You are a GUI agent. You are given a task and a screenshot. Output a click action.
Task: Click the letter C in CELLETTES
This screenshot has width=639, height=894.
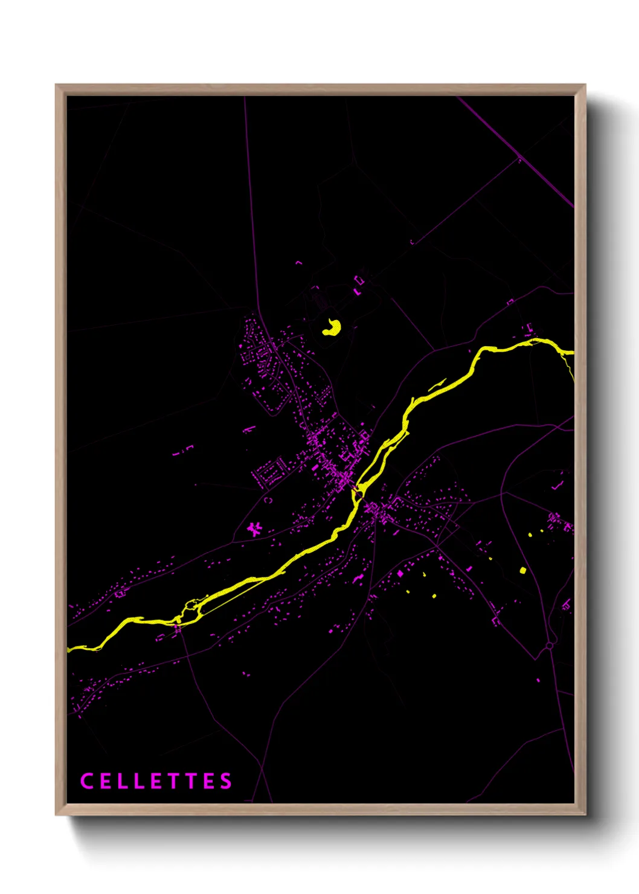[86, 781]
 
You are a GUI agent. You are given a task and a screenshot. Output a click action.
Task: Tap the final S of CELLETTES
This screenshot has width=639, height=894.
[226, 781]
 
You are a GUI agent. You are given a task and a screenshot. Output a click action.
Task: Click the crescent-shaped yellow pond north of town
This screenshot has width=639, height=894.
[332, 327]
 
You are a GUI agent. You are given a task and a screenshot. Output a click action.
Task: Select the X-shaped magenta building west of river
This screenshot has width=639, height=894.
[255, 530]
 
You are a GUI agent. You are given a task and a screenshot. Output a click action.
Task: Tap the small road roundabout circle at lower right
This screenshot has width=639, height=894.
[549, 646]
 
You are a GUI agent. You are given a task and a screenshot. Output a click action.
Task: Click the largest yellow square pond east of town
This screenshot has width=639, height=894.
[523, 570]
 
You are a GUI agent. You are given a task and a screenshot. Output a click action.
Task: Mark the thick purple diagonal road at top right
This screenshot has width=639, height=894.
[513, 151]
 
